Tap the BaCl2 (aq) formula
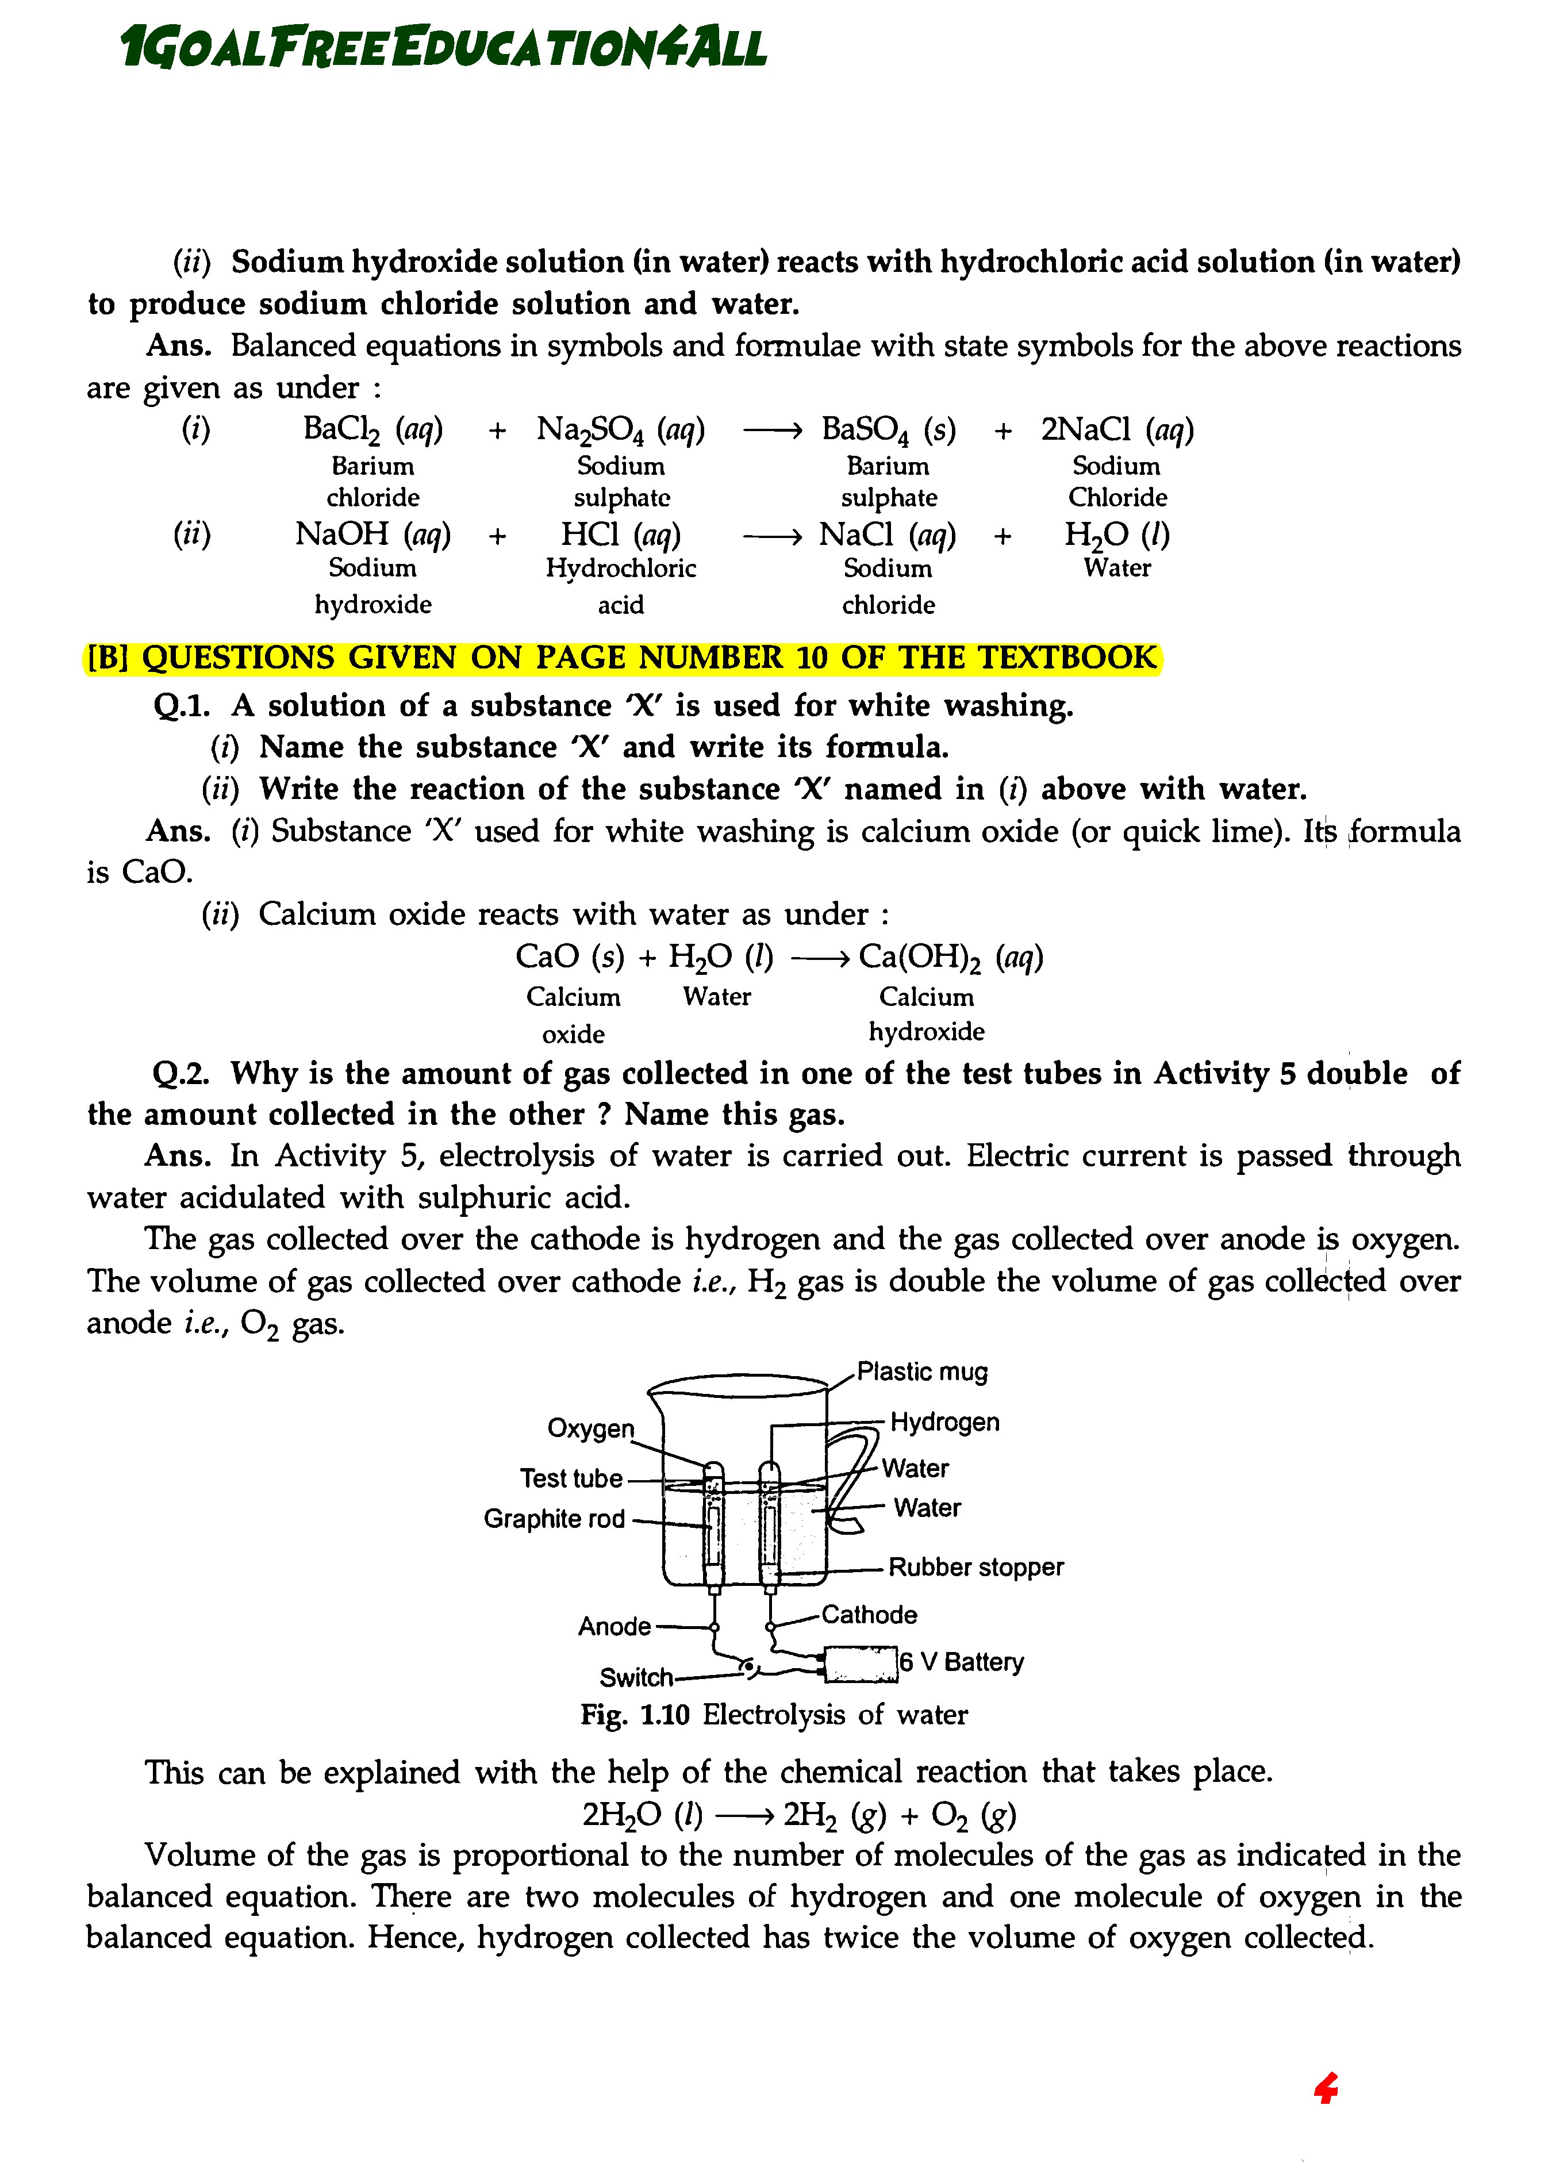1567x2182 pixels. (372, 429)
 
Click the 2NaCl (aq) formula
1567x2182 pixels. (1117, 429)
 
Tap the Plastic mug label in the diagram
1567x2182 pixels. (921, 1371)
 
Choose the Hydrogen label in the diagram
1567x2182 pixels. (944, 1422)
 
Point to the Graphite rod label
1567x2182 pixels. (554, 1518)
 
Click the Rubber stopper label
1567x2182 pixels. (975, 1567)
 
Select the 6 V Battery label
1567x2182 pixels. (962, 1662)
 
